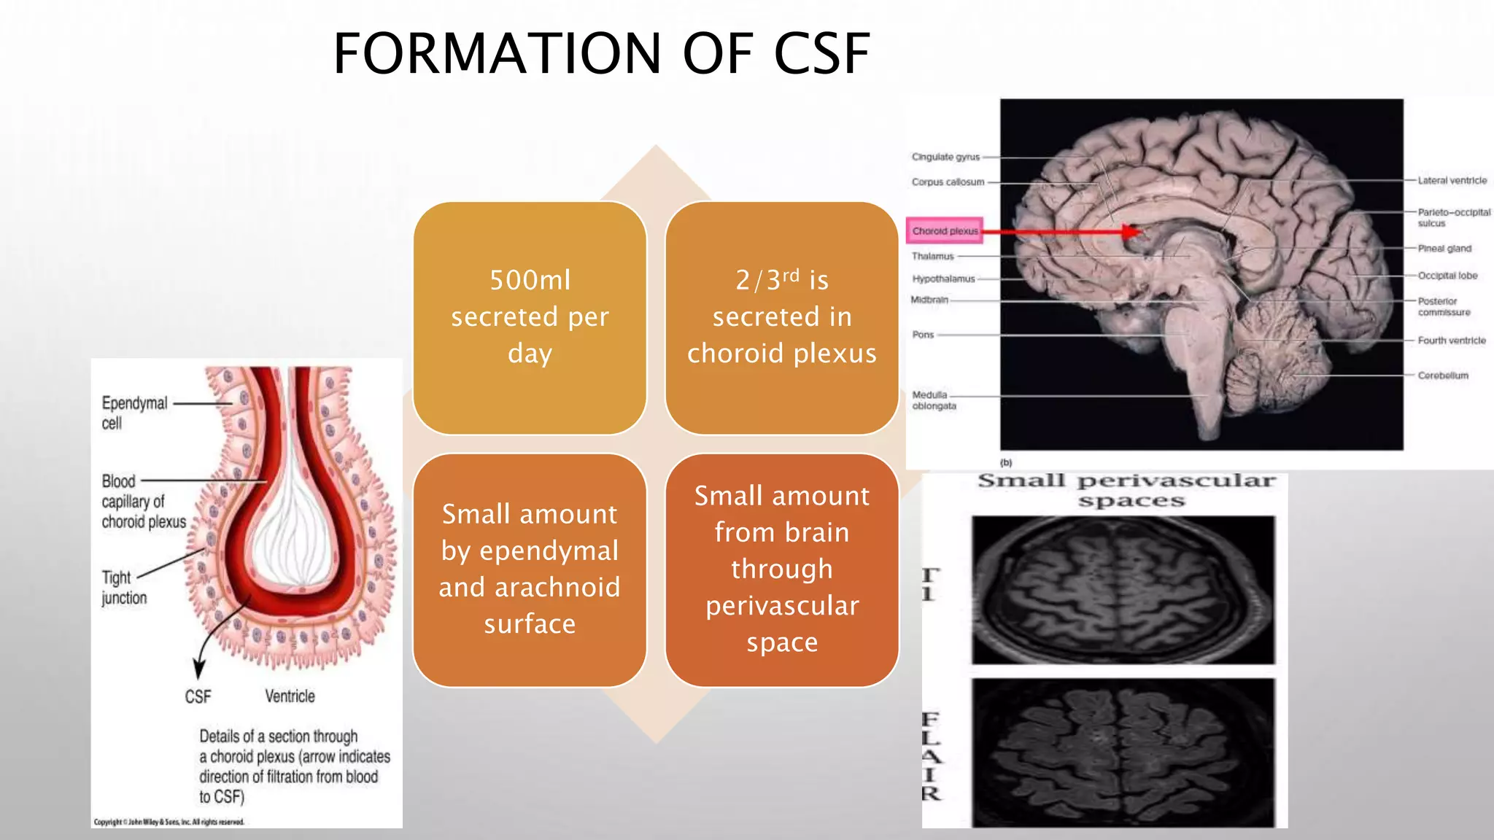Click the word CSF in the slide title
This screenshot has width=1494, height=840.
coord(821,54)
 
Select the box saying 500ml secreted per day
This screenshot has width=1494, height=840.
coord(530,317)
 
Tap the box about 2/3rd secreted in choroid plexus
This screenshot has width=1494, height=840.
coord(781,317)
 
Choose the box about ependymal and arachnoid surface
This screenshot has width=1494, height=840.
coord(530,569)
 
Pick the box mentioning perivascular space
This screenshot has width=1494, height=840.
coord(781,569)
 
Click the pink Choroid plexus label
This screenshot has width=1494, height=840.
coord(945,231)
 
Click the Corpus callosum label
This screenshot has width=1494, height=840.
coord(948,182)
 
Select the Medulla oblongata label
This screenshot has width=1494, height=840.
coord(933,400)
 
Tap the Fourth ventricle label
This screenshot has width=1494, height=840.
coord(1451,341)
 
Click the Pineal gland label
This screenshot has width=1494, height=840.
coord(1444,249)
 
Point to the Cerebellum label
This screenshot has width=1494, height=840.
coord(1442,376)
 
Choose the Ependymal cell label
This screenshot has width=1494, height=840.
coord(134,413)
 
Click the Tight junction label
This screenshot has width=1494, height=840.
coord(123,588)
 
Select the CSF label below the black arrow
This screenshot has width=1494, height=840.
coord(198,697)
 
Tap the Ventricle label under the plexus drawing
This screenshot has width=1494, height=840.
coord(290,696)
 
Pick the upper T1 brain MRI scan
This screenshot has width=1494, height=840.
coord(1123,589)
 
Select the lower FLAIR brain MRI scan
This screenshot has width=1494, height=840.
coord(1123,751)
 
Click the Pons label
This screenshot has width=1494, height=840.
coord(923,335)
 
